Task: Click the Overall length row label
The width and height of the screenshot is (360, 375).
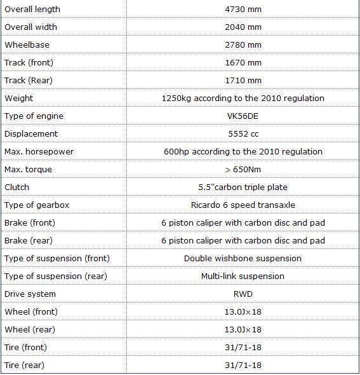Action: tap(32, 9)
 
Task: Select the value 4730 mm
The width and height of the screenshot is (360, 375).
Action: tap(243, 9)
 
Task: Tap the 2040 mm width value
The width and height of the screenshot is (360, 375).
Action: tap(243, 27)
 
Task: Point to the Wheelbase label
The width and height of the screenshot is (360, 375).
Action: tap(27, 44)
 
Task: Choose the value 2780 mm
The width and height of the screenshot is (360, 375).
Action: tap(243, 44)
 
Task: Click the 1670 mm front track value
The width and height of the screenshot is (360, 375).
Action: tap(243, 62)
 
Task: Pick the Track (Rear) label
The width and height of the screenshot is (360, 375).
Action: tap(29, 80)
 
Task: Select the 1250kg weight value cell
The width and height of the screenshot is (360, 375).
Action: tap(243, 98)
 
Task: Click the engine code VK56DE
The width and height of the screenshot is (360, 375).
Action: tap(243, 116)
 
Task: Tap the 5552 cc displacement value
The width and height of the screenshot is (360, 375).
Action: tap(243, 133)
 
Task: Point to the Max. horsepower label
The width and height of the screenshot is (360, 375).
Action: tap(39, 151)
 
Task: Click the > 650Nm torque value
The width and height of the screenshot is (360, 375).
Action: tap(243, 169)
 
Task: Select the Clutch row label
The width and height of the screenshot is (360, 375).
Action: tap(17, 187)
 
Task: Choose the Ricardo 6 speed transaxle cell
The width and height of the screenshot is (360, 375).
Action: tap(243, 205)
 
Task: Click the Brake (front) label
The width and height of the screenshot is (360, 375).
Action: tap(29, 222)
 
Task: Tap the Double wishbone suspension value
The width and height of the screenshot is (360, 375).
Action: tap(243, 258)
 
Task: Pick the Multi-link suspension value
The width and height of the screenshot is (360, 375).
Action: tap(243, 276)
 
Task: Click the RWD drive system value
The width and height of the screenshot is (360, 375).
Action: tap(243, 294)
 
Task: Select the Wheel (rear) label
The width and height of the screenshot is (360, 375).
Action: tap(30, 329)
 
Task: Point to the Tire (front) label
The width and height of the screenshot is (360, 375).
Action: tap(27, 347)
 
